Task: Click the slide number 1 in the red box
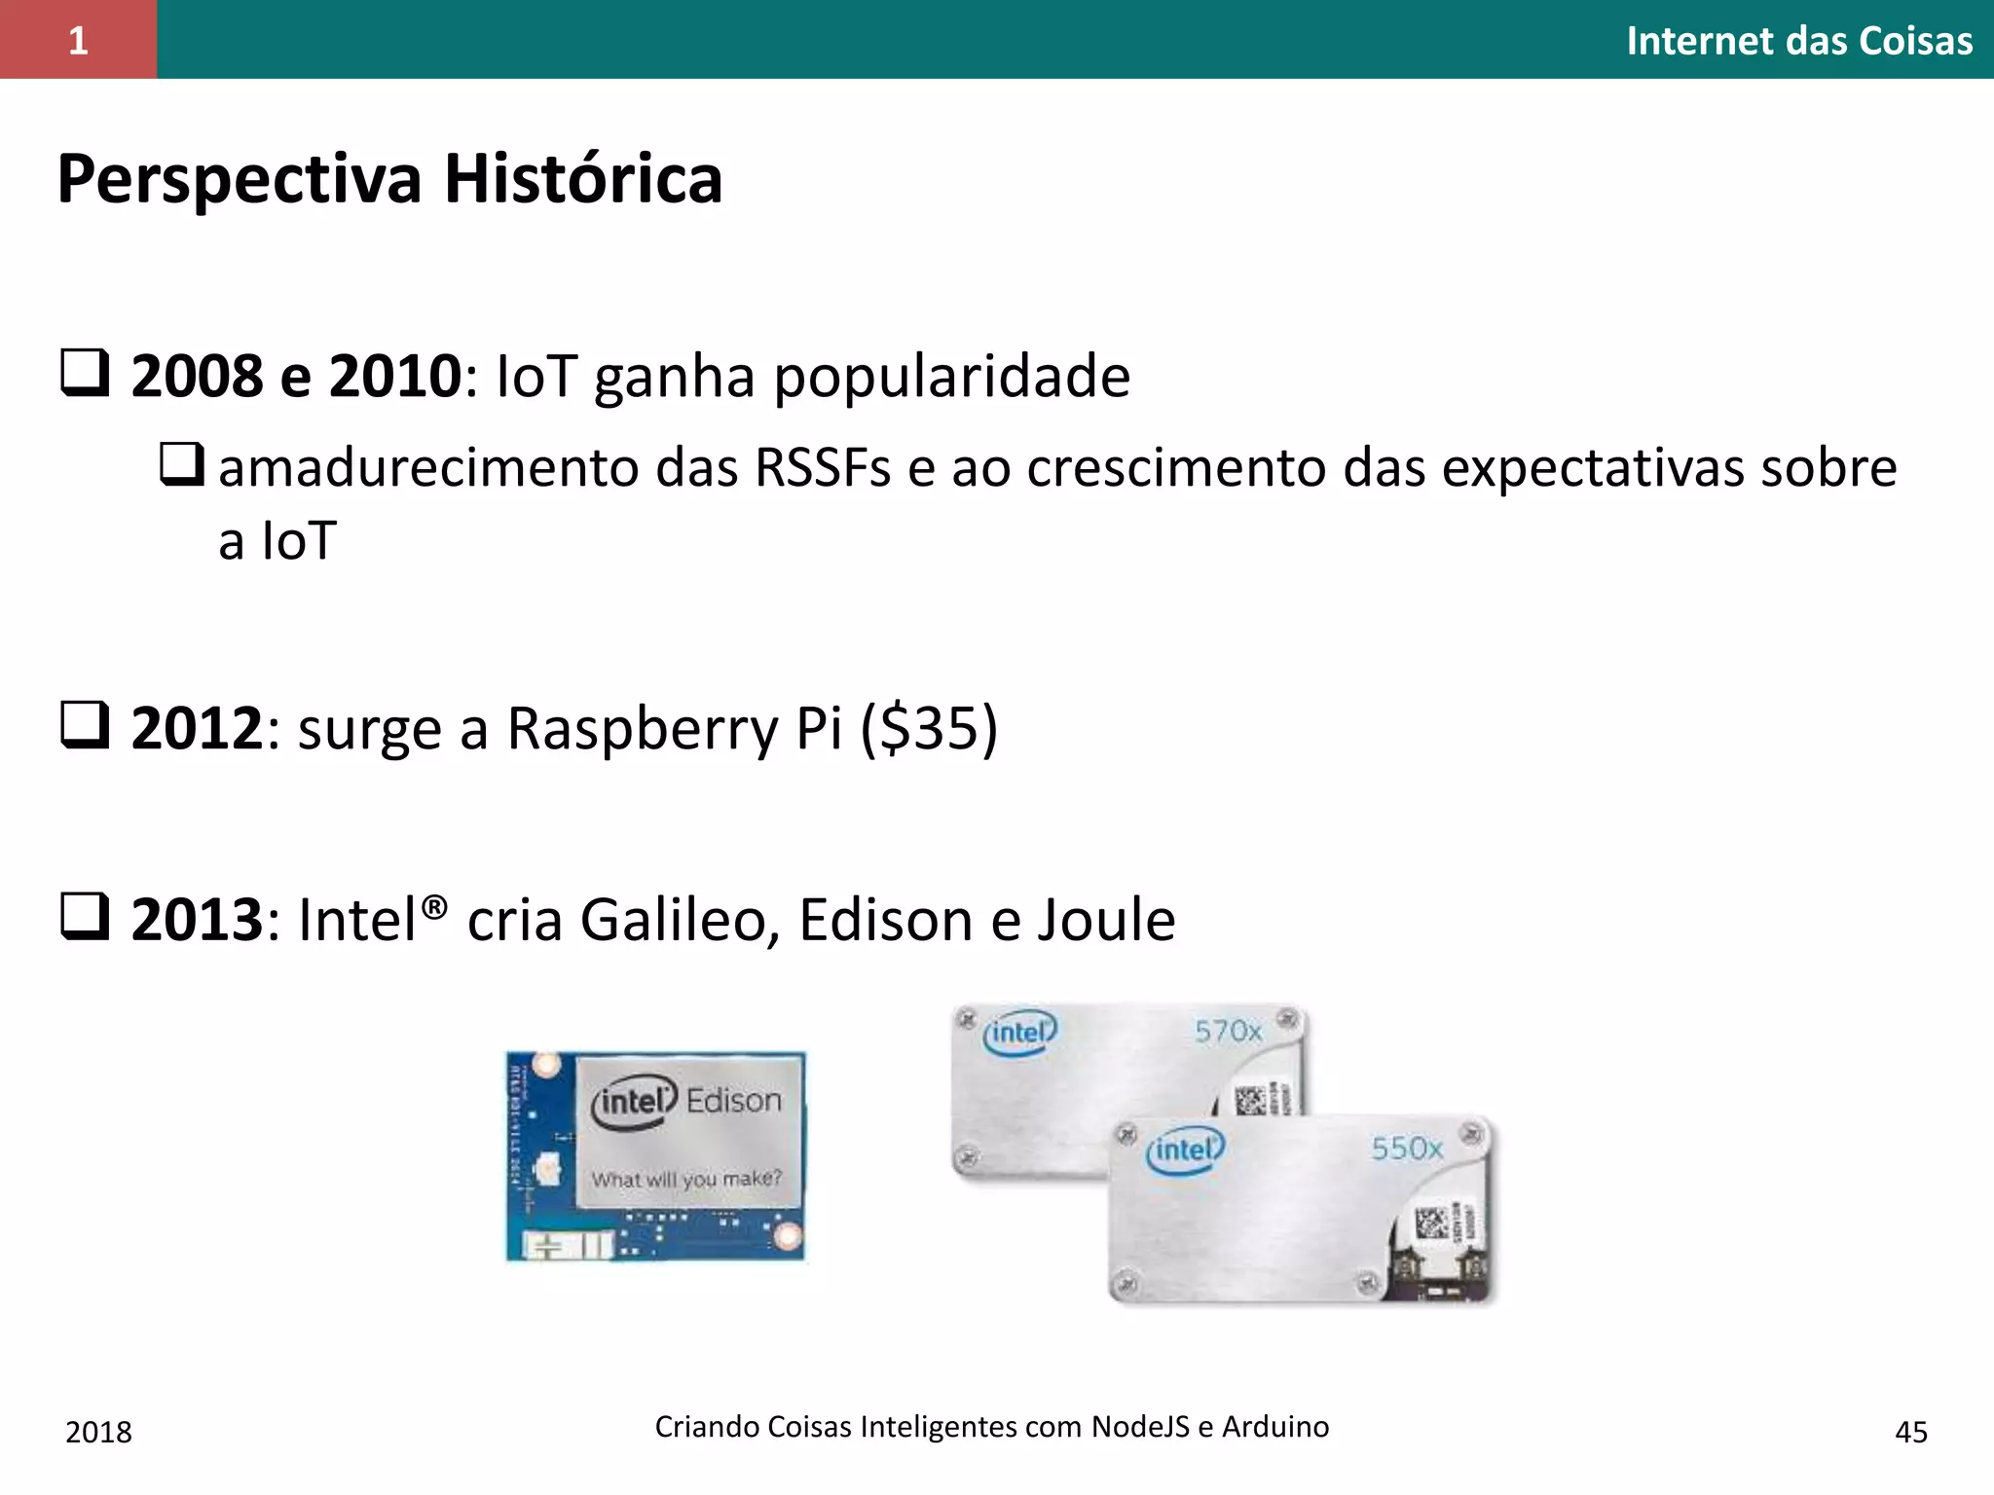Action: point(78,40)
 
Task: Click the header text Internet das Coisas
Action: point(1798,41)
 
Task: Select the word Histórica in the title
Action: point(583,179)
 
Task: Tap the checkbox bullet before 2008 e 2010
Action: point(85,374)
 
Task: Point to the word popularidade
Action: point(951,377)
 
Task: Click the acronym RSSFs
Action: point(822,468)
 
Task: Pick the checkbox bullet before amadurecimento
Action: point(182,464)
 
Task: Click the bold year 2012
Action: point(197,728)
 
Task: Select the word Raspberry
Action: point(644,728)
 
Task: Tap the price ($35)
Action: point(929,728)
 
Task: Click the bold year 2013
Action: point(197,920)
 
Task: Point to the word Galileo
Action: point(680,920)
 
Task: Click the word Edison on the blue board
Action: point(733,1101)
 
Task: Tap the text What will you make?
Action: point(686,1179)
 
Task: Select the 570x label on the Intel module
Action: point(1228,1031)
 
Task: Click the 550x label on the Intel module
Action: point(1407,1149)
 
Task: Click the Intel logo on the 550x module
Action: point(1185,1150)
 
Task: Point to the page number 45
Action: point(1910,1432)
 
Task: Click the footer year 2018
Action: point(98,1432)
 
